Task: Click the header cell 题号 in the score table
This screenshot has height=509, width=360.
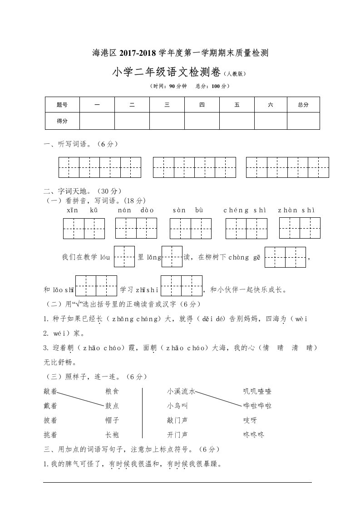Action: [62, 105]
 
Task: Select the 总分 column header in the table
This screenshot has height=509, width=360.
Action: [303, 105]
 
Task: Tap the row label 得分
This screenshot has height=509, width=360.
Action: [62, 121]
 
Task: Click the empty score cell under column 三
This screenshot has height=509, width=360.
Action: [167, 121]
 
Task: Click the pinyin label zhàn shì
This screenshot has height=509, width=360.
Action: [296, 210]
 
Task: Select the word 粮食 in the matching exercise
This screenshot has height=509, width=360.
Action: [112, 391]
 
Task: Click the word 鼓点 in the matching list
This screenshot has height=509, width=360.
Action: [112, 406]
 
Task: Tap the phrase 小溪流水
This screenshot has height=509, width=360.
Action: [181, 391]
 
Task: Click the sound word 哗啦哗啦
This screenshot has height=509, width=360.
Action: [257, 406]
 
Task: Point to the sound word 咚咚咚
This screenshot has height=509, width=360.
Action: [254, 435]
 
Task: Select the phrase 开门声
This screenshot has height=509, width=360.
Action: [178, 435]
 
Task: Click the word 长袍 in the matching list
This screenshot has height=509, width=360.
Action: [112, 435]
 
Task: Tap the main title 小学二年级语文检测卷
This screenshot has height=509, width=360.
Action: [166, 72]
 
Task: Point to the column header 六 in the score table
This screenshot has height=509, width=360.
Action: [271, 105]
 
